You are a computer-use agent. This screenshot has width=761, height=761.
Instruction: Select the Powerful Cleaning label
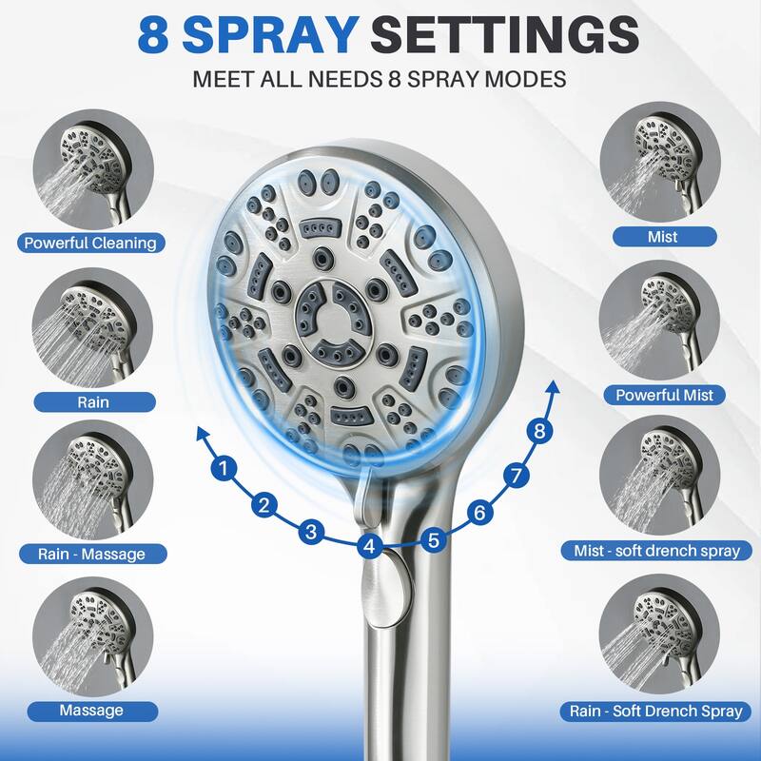tap(91, 243)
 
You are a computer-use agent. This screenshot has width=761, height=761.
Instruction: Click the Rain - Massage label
tap(91, 553)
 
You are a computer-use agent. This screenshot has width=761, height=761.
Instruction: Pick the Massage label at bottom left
tap(91, 710)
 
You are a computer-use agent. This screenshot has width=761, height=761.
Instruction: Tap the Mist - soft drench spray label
tap(664, 550)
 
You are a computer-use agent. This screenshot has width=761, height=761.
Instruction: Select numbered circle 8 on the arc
tap(540, 431)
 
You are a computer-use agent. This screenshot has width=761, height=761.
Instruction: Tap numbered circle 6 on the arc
tap(479, 513)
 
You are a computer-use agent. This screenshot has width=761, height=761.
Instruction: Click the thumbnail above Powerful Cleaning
tap(92, 169)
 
